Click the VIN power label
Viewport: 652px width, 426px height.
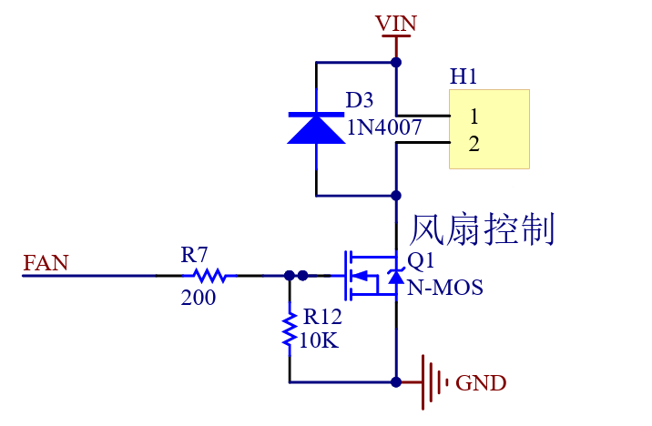point(396,24)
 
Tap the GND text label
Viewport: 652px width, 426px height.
point(481,383)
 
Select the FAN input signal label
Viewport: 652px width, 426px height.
point(46,264)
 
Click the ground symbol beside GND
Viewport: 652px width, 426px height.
point(433,380)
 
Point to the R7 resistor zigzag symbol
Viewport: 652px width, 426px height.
point(209,274)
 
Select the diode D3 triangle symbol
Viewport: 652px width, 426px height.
point(315,127)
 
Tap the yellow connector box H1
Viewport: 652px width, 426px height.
point(489,128)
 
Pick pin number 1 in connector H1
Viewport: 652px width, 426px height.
point(474,117)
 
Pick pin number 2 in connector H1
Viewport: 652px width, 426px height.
point(474,144)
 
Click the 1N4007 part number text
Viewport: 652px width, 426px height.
point(383,128)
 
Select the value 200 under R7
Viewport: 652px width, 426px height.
point(199,298)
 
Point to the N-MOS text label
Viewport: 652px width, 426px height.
point(444,289)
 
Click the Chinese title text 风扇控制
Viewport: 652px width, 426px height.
point(483,229)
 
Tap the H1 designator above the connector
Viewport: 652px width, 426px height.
point(464,77)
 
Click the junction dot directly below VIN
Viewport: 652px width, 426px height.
point(396,62)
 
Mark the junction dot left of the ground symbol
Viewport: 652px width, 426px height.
point(396,380)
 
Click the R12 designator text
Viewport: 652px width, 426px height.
point(322,317)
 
